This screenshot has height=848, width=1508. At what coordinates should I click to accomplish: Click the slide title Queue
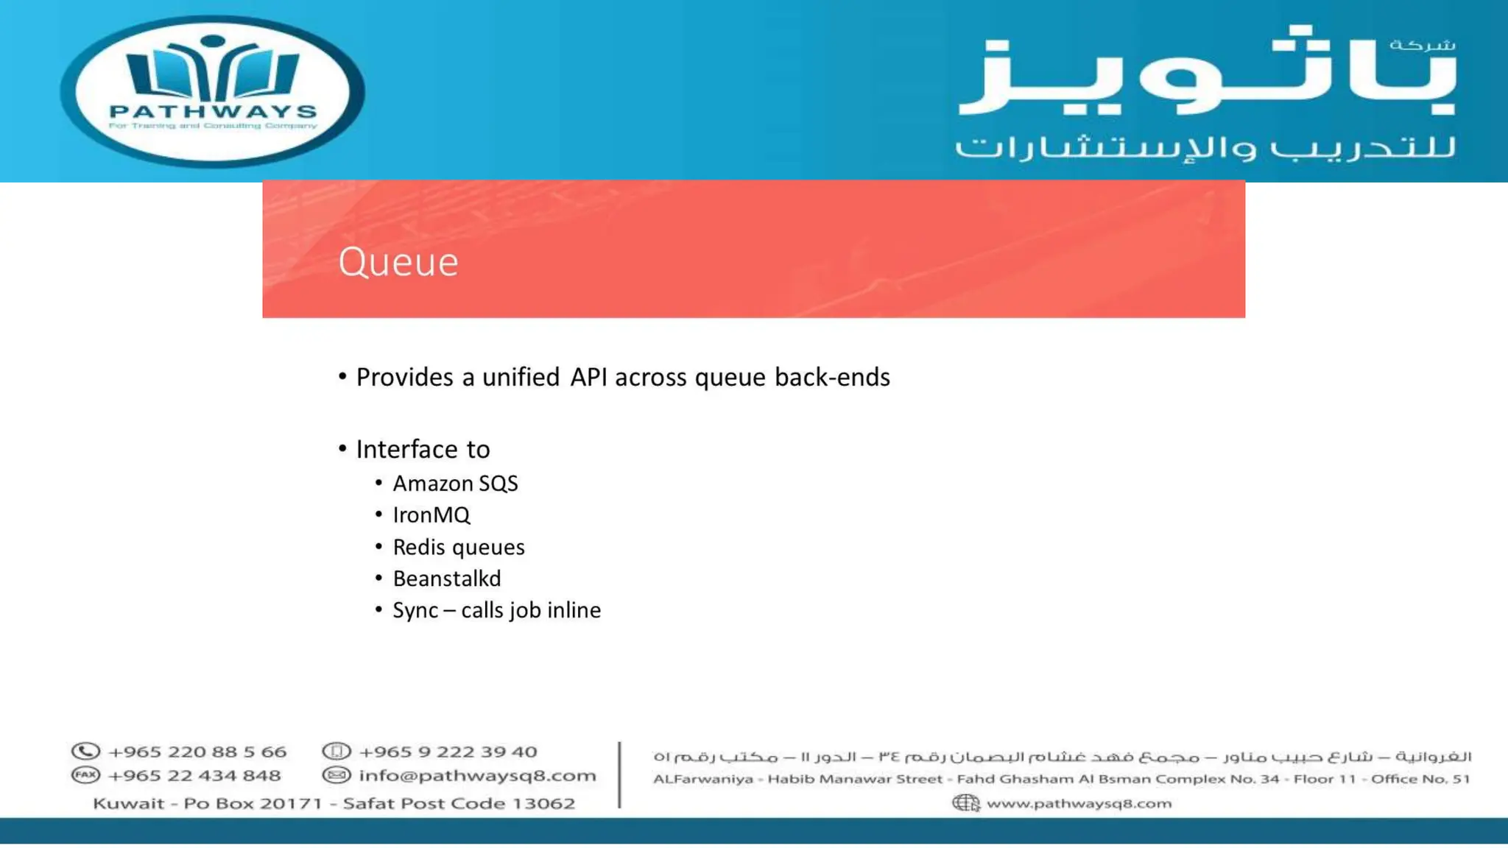point(398,262)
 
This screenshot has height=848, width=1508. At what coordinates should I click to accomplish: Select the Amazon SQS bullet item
point(455,484)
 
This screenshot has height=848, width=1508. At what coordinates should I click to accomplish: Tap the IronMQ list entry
point(431,515)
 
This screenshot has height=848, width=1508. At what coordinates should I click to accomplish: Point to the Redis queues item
point(458,548)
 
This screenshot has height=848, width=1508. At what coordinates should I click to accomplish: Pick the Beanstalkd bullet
point(446,579)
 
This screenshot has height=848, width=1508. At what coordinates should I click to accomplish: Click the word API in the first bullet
point(588,377)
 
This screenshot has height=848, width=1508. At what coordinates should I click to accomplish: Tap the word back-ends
point(832,377)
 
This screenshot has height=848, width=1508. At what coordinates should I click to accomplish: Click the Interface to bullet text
point(423,449)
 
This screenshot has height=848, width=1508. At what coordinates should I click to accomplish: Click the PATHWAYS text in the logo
point(213,112)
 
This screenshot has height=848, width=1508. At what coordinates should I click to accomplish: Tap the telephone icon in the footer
point(85,752)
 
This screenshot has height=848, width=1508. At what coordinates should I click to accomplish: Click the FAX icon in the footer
point(85,775)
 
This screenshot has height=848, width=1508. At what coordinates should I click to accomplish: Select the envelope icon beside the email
point(337,775)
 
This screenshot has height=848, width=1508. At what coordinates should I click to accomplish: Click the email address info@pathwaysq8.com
point(477,775)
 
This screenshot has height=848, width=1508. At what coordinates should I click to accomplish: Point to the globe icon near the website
point(965,803)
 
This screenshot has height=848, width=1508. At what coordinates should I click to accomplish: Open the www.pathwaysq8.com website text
point(1079,803)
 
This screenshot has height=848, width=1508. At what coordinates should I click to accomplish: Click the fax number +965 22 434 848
point(194,775)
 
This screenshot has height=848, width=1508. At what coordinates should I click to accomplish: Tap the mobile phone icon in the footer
point(337,752)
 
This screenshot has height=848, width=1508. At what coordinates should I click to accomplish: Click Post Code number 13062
point(543,803)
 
